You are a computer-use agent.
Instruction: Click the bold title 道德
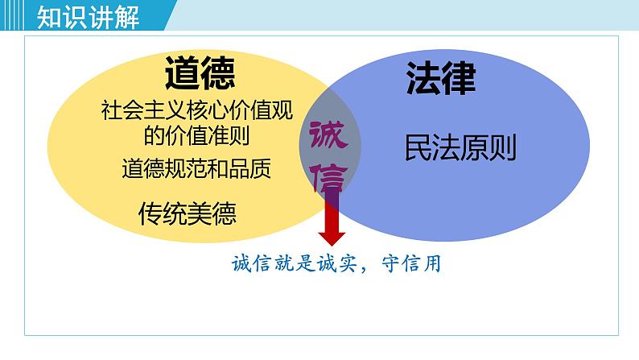[x=200, y=74]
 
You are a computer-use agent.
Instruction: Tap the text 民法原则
[x=460, y=147]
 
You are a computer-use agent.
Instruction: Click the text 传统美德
[x=188, y=213]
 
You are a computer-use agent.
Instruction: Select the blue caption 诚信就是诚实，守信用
[x=336, y=263]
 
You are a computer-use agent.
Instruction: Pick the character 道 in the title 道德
[x=182, y=74]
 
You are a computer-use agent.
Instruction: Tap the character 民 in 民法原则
[x=418, y=147]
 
